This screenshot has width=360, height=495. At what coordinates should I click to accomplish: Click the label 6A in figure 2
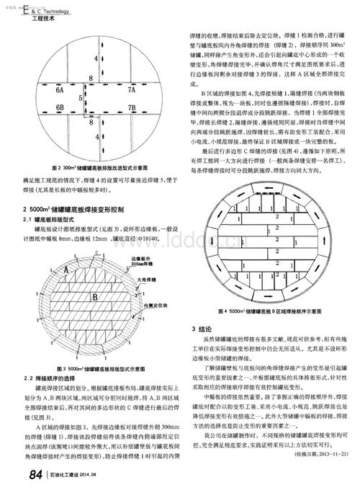[x=60, y=92]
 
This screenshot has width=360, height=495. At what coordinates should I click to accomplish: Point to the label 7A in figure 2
[x=132, y=92]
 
